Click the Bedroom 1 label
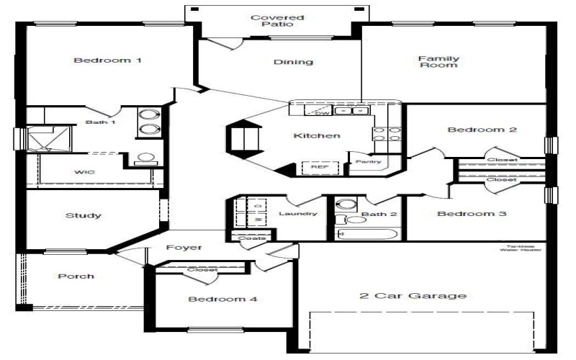107,60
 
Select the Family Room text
438,62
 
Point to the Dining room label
293,62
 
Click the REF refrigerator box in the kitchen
319,166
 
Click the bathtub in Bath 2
367,233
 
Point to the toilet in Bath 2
343,220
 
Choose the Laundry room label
297,214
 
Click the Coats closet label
248,238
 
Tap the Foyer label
184,248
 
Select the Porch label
76,276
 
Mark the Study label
83,215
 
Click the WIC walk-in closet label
85,173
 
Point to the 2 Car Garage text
413,295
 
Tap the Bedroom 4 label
222,299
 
